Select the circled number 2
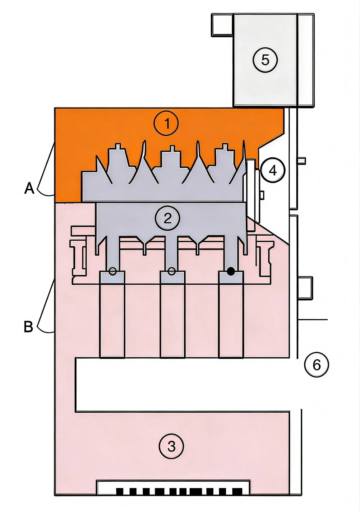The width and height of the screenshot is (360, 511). click(x=167, y=218)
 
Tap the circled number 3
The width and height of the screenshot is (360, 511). click(x=171, y=446)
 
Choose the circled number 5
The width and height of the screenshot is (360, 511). click(x=265, y=60)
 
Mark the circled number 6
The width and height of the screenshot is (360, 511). click(x=316, y=365)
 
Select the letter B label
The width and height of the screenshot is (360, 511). click(x=29, y=327)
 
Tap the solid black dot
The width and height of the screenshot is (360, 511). click(x=231, y=271)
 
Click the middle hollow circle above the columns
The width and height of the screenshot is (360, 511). click(x=171, y=271)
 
